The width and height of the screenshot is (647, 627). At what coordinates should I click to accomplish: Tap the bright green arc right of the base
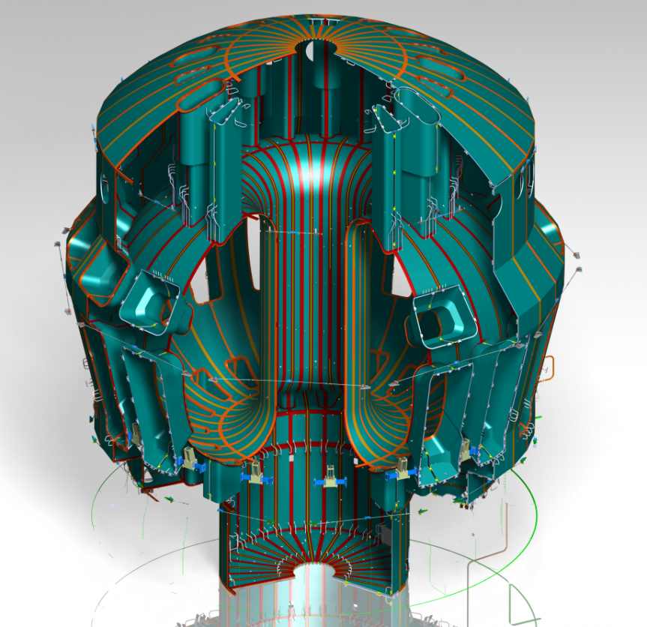tap(532, 517)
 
